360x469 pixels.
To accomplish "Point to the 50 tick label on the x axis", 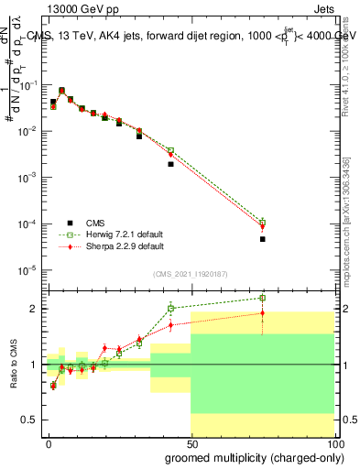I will pyautogui.click(x=191, y=442).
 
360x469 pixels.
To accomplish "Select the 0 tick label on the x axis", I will pyautogui.click(x=49, y=442).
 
